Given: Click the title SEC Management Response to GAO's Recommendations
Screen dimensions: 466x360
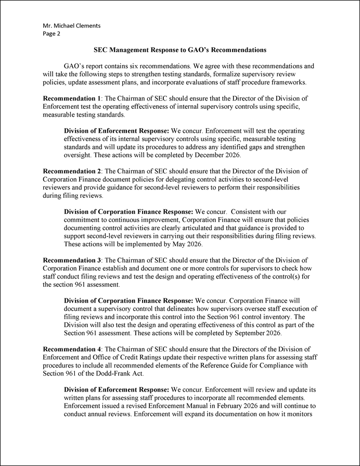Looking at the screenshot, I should (x=180, y=51).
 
